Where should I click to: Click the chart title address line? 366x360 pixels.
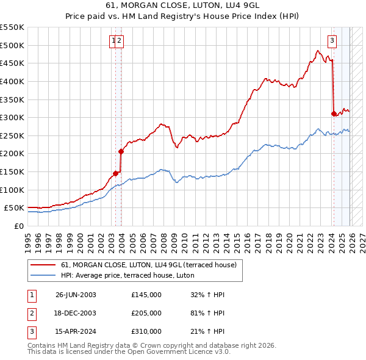183,6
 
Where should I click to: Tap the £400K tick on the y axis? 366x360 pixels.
12,81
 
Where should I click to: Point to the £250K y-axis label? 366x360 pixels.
12,135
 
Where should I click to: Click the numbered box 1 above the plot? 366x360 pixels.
113,41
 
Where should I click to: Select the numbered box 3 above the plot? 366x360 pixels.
332,41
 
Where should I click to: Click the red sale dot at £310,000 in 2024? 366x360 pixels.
334,113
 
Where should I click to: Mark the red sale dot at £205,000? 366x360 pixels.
121,151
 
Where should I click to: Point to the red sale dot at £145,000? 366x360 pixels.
115,173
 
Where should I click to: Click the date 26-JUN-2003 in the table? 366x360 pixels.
76,295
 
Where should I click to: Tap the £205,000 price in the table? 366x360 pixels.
146,313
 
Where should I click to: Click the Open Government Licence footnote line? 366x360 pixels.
129,352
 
